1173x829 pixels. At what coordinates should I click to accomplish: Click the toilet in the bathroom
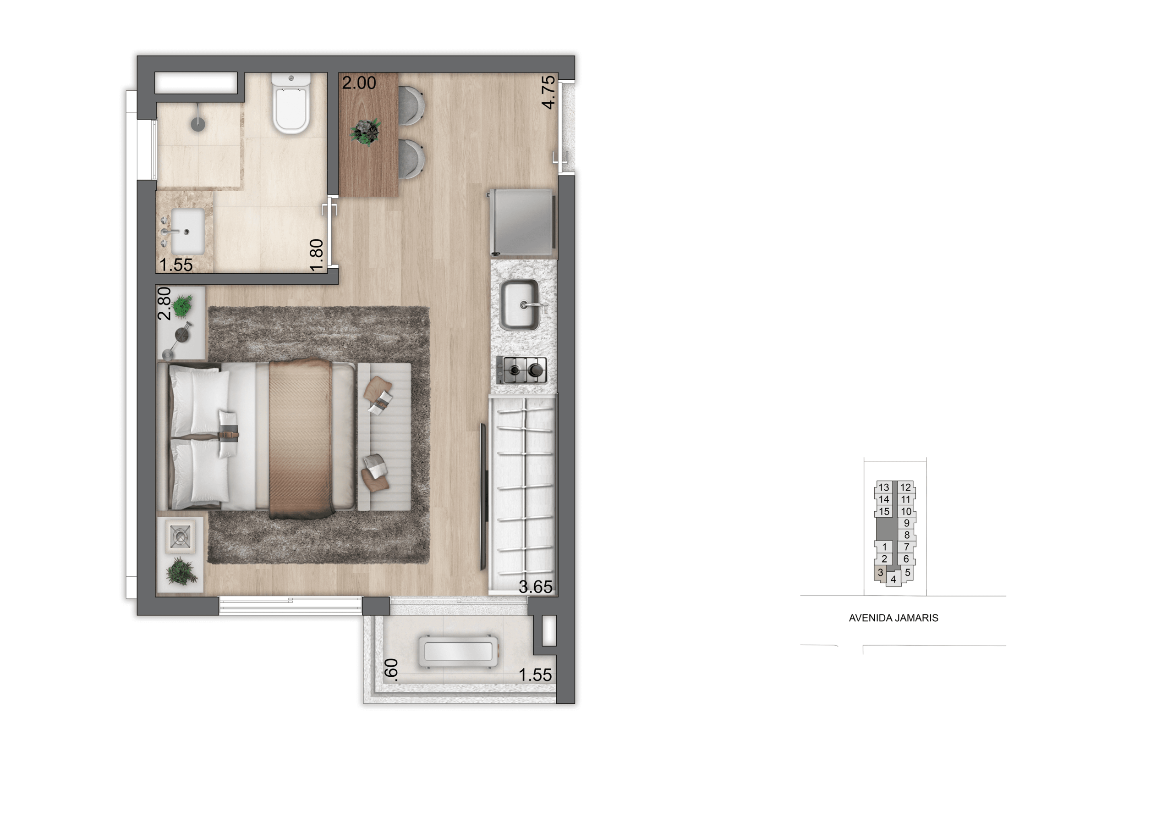coord(291,103)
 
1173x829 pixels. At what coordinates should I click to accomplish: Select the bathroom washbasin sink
coord(187,231)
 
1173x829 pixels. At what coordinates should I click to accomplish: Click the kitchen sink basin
coord(520,305)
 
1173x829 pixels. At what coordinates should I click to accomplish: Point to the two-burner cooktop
coord(521,370)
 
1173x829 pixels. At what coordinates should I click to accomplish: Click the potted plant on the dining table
coord(366,132)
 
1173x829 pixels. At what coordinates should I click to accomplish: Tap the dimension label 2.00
coord(359,83)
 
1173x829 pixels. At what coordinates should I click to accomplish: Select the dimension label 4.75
coord(548,92)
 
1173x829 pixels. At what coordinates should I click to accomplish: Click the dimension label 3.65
coord(536,587)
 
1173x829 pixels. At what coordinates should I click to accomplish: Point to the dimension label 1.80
coord(317,254)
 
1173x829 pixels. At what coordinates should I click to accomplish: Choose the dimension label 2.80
coord(164,304)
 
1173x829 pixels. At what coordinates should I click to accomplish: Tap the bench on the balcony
coord(458,652)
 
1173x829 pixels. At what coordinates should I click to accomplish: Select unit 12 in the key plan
coord(905,487)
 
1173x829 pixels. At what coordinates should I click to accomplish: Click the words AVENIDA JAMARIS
coord(893,618)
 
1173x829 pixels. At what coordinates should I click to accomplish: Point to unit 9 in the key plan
coord(907,523)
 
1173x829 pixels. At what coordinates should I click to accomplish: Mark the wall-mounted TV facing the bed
coord(483,496)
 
